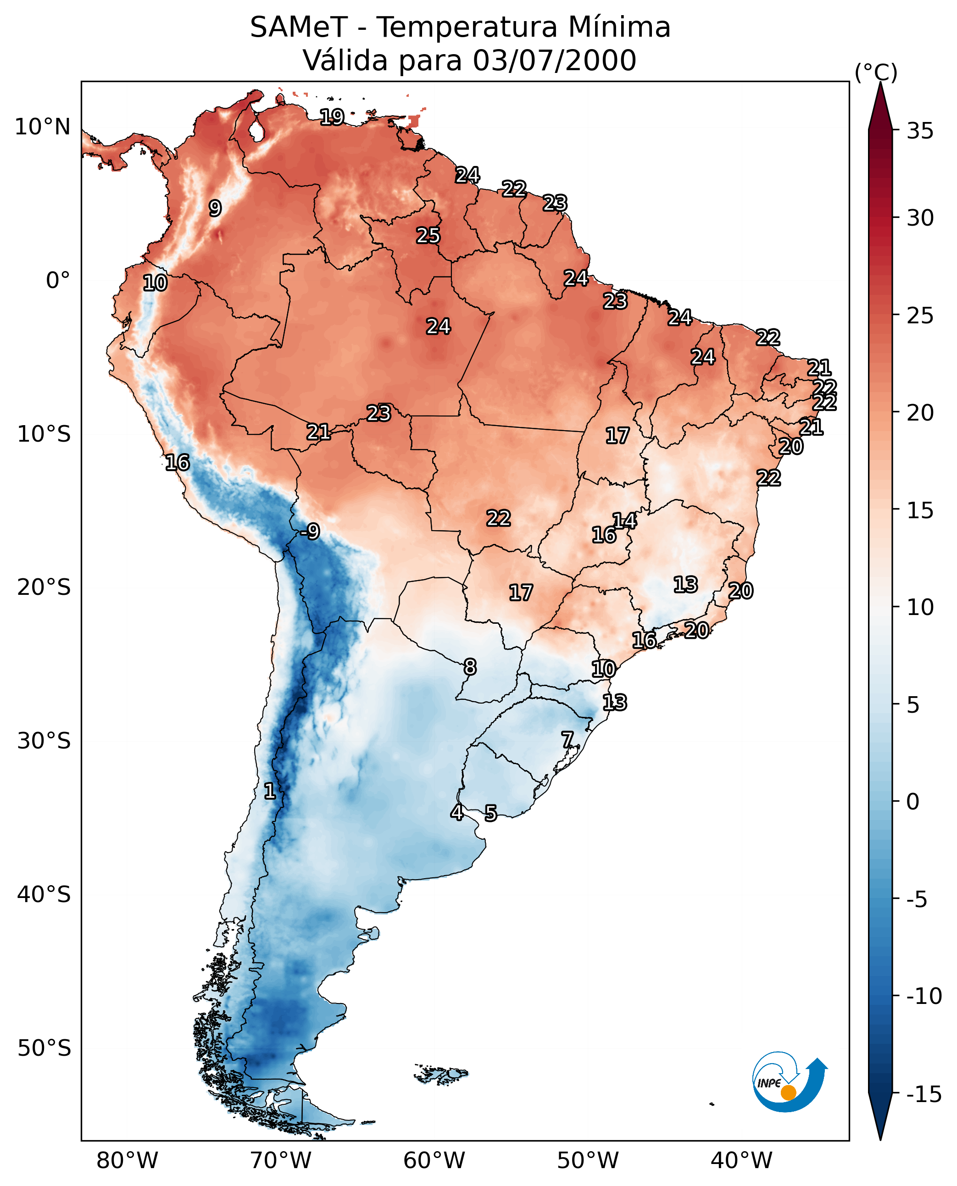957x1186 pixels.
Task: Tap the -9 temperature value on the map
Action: [311, 532]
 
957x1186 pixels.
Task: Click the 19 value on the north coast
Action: [333, 117]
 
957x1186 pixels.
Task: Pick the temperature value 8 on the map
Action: [470, 667]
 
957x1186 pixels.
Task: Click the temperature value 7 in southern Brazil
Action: [567, 740]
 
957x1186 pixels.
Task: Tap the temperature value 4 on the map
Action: [457, 812]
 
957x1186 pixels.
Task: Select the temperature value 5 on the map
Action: [490, 814]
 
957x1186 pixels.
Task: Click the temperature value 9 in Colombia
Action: [215, 208]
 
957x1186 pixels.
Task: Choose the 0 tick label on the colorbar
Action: [913, 802]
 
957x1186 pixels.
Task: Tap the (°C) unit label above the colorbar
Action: [876, 72]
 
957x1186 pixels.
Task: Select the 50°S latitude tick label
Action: [44, 1048]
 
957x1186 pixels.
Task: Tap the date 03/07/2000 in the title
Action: [555, 61]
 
